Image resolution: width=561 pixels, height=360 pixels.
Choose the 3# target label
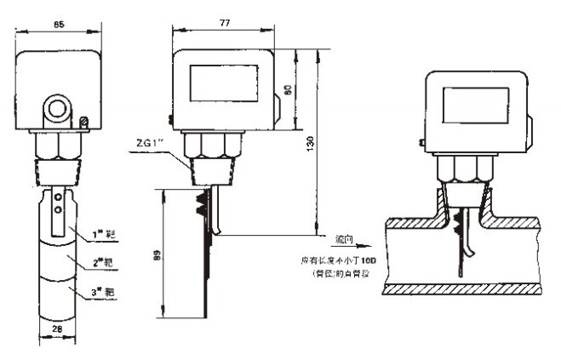coord(105,293)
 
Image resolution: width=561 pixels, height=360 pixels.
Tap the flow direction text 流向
coord(343,241)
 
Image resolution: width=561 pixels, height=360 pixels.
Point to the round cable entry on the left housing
coord(59,109)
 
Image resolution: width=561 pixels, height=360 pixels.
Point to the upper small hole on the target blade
coord(57,197)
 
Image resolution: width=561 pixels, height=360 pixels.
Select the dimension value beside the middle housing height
coord(296,89)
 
